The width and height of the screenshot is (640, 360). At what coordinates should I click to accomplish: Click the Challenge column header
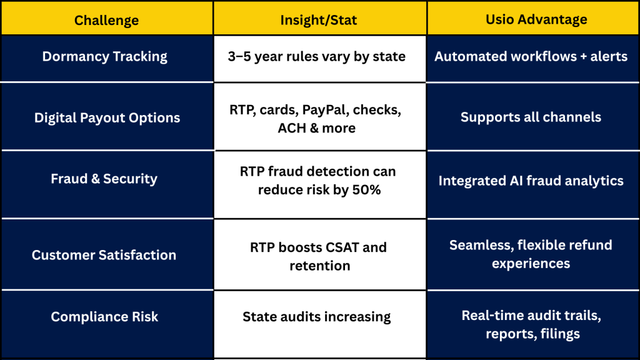point(106,20)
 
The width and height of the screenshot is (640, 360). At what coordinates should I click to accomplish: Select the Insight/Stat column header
point(319,20)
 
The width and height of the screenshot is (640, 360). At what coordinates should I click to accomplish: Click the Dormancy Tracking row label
point(105,56)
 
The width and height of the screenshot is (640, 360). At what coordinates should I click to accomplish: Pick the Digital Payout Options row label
point(107,117)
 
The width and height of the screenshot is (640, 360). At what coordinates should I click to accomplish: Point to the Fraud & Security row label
point(104,179)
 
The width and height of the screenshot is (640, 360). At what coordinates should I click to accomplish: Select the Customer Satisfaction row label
point(104,255)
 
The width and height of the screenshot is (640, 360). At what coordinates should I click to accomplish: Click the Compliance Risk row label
point(104,317)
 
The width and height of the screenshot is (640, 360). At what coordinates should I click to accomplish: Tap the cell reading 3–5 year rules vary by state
point(317,56)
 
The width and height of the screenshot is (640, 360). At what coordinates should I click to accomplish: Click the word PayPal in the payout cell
point(326,110)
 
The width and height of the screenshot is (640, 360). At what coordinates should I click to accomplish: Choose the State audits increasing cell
point(317,317)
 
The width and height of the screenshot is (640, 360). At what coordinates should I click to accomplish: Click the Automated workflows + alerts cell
point(531,56)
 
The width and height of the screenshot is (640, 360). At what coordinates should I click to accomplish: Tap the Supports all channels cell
point(531,117)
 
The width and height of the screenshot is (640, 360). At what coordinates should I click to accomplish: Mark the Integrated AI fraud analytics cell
point(531,181)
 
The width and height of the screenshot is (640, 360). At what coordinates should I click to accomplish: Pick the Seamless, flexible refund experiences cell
point(531,254)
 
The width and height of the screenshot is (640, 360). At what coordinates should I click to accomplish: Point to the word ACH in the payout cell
point(291,128)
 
